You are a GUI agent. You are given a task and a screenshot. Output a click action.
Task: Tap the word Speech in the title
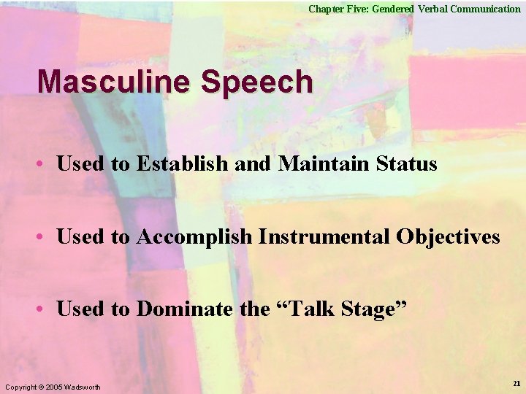(x=256, y=82)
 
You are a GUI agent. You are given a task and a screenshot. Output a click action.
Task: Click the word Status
(x=406, y=164)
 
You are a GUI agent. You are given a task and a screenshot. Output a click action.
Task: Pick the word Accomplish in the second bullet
(x=194, y=237)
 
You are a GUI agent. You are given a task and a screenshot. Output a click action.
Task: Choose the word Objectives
(x=448, y=237)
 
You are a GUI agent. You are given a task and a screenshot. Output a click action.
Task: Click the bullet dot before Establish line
(x=43, y=165)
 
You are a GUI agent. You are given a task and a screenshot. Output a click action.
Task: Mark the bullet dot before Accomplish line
(x=43, y=238)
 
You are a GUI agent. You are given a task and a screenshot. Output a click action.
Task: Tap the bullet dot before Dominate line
(x=43, y=310)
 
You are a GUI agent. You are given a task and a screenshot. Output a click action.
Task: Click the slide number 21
(x=517, y=384)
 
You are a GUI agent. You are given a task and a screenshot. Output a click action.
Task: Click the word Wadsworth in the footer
(x=82, y=386)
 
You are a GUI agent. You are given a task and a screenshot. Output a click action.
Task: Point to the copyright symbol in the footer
(x=40, y=386)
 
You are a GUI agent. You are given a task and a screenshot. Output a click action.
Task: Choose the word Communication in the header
(x=485, y=9)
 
